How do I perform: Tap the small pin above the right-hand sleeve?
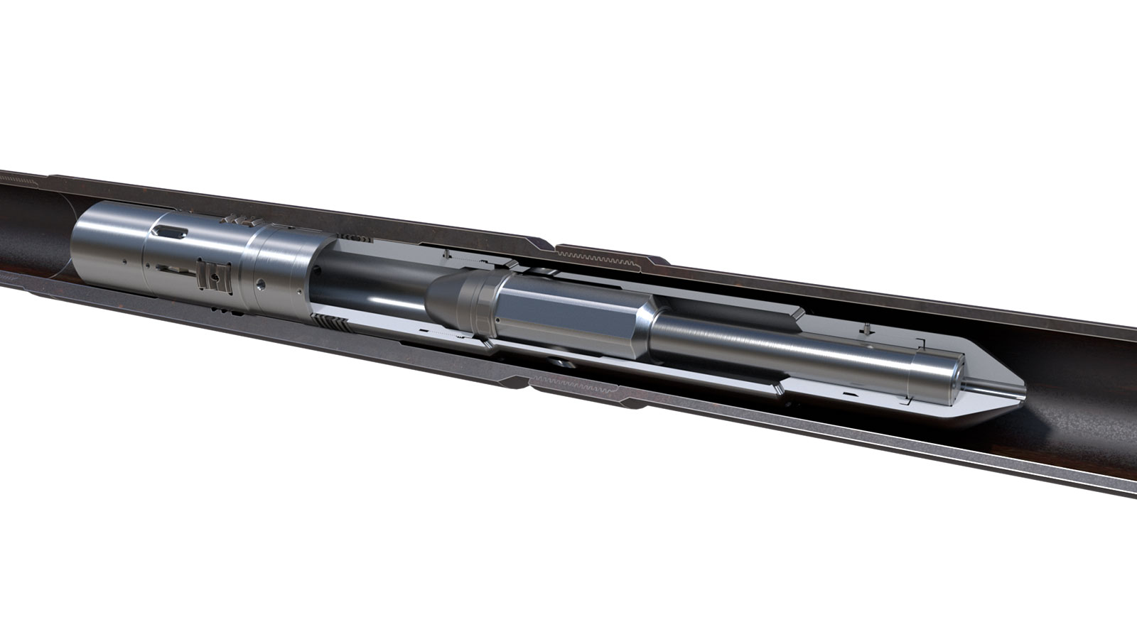(868, 328)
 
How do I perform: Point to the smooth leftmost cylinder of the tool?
(107, 248)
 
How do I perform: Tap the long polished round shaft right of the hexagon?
(782, 351)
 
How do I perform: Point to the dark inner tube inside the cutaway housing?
(370, 284)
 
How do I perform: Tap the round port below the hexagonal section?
(561, 363)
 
